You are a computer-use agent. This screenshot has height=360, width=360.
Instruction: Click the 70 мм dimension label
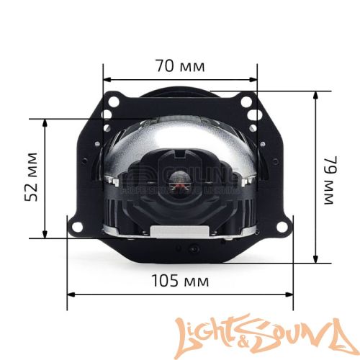[x=180, y=66]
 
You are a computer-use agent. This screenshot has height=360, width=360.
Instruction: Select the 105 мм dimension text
[x=180, y=278]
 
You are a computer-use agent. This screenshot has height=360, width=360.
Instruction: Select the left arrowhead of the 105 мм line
[x=70, y=294]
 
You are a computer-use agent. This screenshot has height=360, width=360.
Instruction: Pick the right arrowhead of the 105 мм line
[x=290, y=294]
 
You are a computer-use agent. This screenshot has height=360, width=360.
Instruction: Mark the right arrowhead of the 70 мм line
[x=254, y=80]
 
